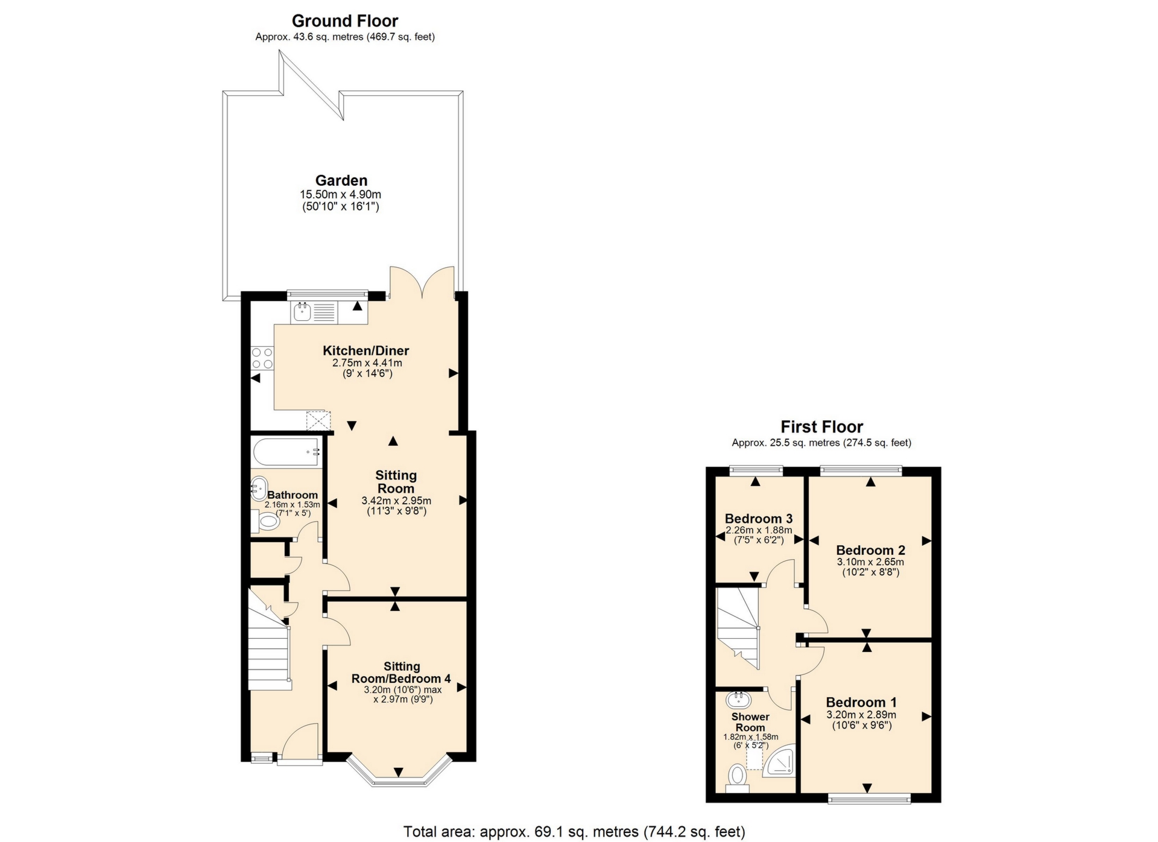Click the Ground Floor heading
[345, 21]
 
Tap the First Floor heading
[821, 426]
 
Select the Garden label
[341, 180]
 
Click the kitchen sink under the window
[302, 312]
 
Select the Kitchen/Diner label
[365, 350]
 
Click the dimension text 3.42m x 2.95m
[396, 500]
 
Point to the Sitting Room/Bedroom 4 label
[401, 673]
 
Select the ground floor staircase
[270, 651]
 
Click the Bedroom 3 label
[758, 519]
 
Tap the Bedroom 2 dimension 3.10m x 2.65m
[870, 562]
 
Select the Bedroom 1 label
[861, 702]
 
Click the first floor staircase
[737, 627]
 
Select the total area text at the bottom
[574, 832]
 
